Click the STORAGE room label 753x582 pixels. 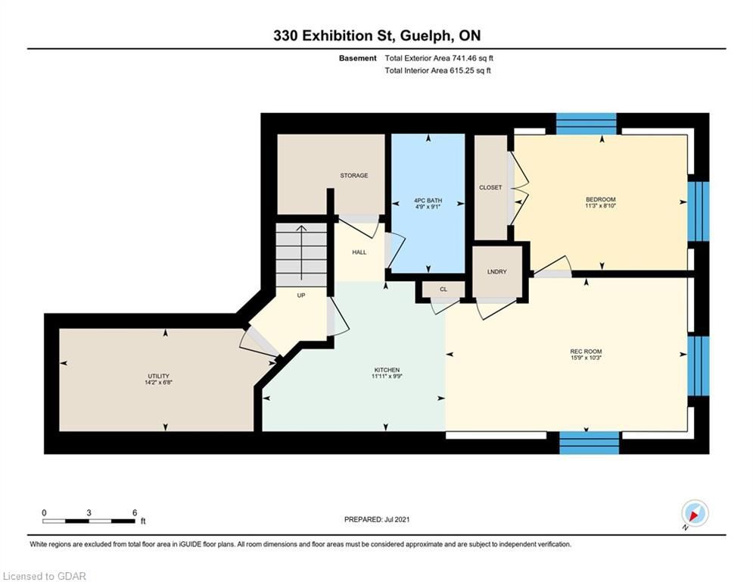pyautogui.click(x=354, y=176)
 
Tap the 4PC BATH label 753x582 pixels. pyautogui.click(x=428, y=201)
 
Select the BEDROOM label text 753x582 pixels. pyautogui.click(x=600, y=199)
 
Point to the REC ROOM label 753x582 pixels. pyautogui.click(x=586, y=352)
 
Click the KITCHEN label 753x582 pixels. pyautogui.click(x=387, y=370)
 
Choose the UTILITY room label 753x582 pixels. pyautogui.click(x=158, y=376)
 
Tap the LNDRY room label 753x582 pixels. pyautogui.click(x=496, y=272)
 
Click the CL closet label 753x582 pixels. pyautogui.click(x=443, y=289)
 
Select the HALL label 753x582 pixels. pyautogui.click(x=359, y=252)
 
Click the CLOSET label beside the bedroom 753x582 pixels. pyautogui.click(x=490, y=188)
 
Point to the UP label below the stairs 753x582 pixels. pyautogui.click(x=301, y=296)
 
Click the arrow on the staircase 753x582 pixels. pyautogui.click(x=301, y=252)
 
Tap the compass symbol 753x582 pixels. pyautogui.click(x=695, y=513)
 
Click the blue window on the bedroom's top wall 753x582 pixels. pyautogui.click(x=586, y=124)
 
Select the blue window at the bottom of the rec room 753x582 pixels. pyautogui.click(x=590, y=443)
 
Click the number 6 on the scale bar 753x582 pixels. pyautogui.click(x=135, y=513)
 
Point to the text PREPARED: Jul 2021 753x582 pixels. pyautogui.click(x=377, y=519)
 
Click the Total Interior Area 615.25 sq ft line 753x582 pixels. pyautogui.click(x=437, y=70)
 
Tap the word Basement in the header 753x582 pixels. pyautogui.click(x=358, y=58)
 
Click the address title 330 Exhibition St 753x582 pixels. pyautogui.click(x=330, y=36)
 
